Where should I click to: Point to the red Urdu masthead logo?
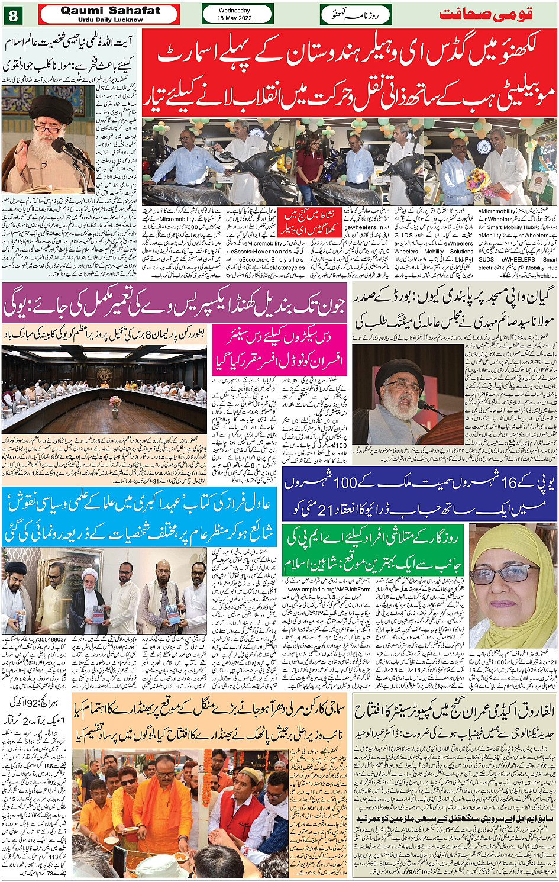tap(486, 14)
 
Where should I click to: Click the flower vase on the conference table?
tap(115, 403)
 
